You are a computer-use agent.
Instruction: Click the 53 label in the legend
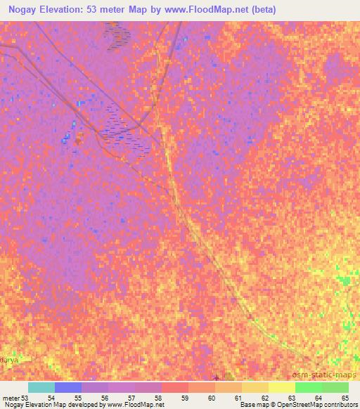(25, 398)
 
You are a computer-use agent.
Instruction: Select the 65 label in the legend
(344, 398)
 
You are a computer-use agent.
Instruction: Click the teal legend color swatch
(41, 387)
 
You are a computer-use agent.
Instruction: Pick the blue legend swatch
(68, 387)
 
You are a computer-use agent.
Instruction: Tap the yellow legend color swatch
(282, 387)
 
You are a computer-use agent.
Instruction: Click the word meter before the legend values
(11, 398)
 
